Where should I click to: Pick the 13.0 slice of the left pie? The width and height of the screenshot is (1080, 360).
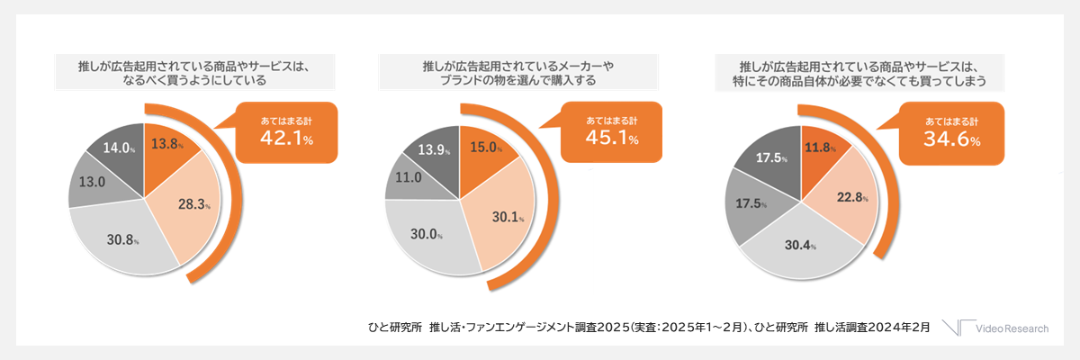(x=89, y=181)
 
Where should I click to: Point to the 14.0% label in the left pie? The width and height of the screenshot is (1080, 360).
(x=118, y=148)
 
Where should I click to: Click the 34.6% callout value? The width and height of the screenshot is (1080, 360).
(x=950, y=139)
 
